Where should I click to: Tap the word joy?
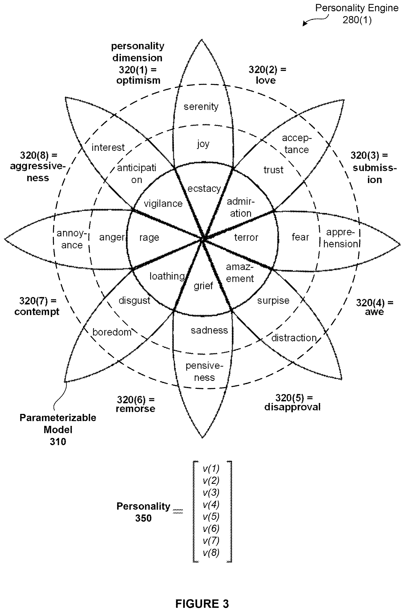click(x=203, y=144)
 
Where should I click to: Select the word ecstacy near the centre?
click(x=204, y=189)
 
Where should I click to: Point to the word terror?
click(x=246, y=237)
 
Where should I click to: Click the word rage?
click(x=149, y=238)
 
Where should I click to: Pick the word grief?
click(x=203, y=286)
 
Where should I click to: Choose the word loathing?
click(x=167, y=276)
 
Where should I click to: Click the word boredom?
click(x=112, y=332)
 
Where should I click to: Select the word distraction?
click(x=294, y=338)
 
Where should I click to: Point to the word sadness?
click(x=209, y=330)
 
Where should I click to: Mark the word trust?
click(x=273, y=170)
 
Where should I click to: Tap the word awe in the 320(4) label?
click(x=374, y=312)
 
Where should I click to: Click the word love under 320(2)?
click(x=266, y=80)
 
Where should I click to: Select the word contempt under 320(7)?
click(x=37, y=312)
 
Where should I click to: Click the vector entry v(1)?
click(x=211, y=468)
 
